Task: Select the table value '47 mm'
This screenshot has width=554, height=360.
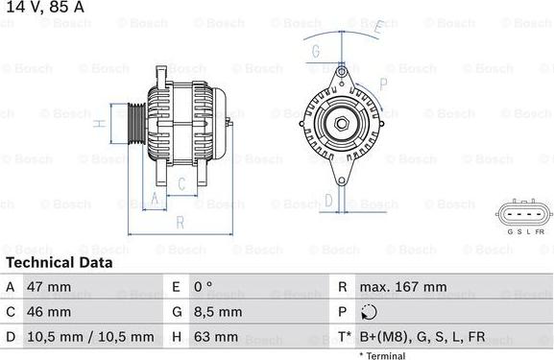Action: pos(49,287)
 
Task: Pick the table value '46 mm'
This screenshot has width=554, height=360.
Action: pos(49,312)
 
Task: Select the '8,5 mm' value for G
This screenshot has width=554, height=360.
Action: pos(220,312)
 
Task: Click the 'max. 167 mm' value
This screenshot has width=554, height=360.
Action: pos(402,287)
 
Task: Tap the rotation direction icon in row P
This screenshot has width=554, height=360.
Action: pos(369,312)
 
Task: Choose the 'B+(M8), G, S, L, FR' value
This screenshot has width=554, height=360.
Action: pos(422,337)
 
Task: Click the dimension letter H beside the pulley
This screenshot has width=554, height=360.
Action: pos(98,124)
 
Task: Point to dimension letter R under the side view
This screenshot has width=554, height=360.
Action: pos(180,223)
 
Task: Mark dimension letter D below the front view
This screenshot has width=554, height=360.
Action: pos(328,200)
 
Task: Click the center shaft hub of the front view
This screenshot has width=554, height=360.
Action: pos(342,122)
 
